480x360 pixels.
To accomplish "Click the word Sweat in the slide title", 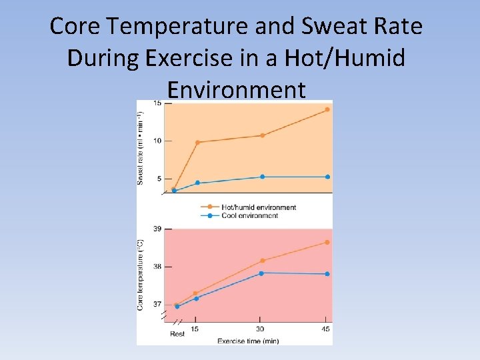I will [x=327, y=26].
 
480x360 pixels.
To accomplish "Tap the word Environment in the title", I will [x=237, y=89].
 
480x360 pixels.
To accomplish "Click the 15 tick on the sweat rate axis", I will [x=157, y=103].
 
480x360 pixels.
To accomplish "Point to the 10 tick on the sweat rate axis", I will [x=157, y=141].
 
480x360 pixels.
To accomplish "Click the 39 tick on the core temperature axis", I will [x=157, y=229].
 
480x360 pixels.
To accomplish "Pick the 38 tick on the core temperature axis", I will [x=157, y=267].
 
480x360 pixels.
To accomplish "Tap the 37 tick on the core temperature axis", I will [x=157, y=304].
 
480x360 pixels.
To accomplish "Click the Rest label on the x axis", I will [x=177, y=333].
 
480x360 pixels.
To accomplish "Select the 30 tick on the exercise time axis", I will [x=261, y=329].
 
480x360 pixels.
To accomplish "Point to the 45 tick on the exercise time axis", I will [x=327, y=329].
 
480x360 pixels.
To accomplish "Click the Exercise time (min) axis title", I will [x=248, y=341].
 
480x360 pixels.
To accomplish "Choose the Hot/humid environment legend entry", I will [x=259, y=207].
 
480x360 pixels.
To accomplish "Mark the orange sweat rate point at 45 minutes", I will [x=327, y=109].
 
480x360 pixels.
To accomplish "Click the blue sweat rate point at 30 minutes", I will [x=262, y=177].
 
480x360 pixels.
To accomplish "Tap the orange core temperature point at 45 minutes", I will [x=327, y=242].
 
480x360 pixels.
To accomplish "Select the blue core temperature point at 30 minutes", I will [x=261, y=273].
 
